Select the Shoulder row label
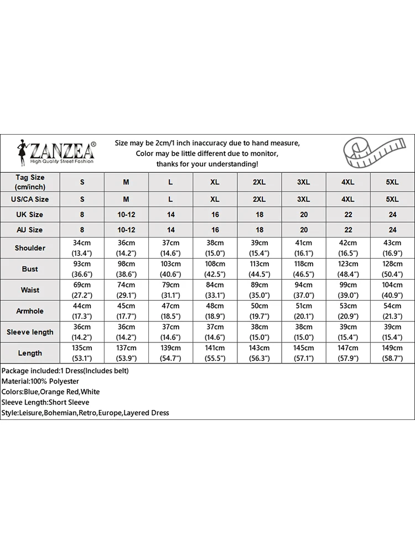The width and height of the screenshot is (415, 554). click(x=30, y=248)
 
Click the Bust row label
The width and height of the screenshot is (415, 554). click(x=30, y=269)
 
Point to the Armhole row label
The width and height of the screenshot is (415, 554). click(x=30, y=311)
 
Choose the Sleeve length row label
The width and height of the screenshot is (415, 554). click(x=30, y=332)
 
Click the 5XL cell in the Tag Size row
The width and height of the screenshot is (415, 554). click(x=392, y=182)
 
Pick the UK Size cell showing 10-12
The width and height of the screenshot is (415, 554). click(x=126, y=214)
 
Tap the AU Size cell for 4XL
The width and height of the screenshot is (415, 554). click(x=348, y=229)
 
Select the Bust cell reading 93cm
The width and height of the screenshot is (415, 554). click(x=82, y=269)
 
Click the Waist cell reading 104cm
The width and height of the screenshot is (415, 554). click(x=392, y=290)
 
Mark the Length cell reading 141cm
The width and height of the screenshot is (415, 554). click(x=215, y=353)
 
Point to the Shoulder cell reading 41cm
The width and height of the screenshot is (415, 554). click(x=304, y=248)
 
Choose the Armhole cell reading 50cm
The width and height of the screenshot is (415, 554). click(x=260, y=311)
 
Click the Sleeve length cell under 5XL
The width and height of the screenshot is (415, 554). click(x=392, y=332)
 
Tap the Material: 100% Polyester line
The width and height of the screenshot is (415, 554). click(x=40, y=381)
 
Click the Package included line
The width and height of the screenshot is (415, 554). click(x=65, y=371)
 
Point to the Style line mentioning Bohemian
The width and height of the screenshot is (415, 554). click(x=85, y=413)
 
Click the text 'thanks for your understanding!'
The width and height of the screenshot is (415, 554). click(x=207, y=164)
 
